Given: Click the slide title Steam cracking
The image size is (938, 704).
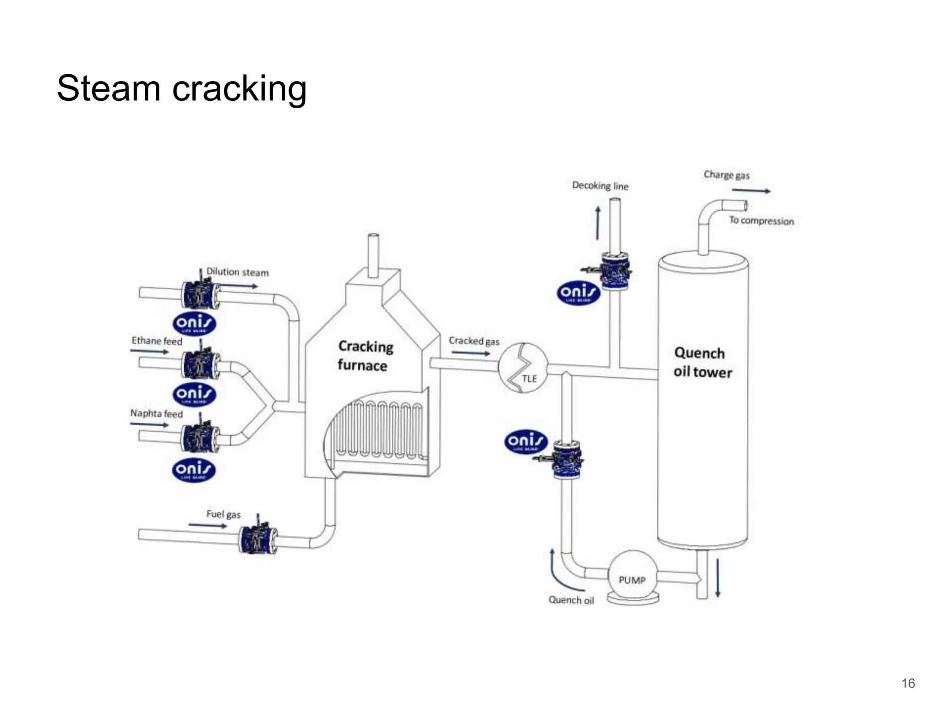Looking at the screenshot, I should click(x=181, y=88).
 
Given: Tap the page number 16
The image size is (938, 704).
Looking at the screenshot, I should click(x=908, y=683).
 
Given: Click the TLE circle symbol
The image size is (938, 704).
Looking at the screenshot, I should click(x=523, y=368).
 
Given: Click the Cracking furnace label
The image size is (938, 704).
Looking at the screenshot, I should click(x=365, y=356).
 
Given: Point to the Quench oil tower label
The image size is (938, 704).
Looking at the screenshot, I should click(x=702, y=363).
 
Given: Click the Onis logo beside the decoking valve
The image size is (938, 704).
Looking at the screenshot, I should click(x=578, y=294).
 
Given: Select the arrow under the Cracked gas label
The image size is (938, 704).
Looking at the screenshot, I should click(x=471, y=353).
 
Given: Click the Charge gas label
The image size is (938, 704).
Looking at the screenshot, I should click(x=726, y=175).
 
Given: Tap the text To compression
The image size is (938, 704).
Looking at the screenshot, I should click(x=761, y=221).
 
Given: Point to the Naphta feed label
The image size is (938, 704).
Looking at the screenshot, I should click(x=156, y=413).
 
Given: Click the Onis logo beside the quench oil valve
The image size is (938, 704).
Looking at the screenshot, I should click(x=526, y=442).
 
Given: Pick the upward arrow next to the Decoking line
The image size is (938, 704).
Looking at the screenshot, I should click(x=598, y=223).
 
